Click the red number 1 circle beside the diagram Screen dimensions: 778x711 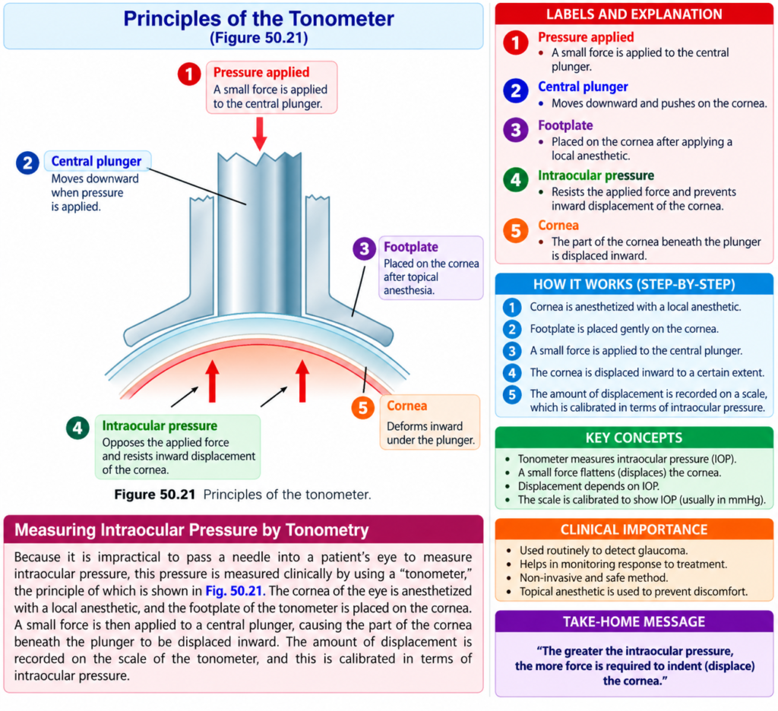189,74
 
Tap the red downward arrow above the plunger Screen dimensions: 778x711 260,134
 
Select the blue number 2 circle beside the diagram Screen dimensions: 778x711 27,163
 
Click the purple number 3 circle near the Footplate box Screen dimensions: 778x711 364,248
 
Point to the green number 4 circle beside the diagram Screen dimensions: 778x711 78,428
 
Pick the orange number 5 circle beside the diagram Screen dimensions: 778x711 363,408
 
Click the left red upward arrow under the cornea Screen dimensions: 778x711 213,381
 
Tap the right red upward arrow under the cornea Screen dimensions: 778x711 302,381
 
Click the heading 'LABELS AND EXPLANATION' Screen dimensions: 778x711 634,14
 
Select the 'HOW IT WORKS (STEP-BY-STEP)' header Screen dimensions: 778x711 634,284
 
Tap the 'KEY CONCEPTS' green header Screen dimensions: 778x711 634,438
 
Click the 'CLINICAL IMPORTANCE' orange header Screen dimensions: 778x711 634,529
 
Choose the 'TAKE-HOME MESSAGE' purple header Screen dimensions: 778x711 634,621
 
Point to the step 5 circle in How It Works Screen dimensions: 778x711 512,395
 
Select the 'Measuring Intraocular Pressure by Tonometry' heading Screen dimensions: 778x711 191,530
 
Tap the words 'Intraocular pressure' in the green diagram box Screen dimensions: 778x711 160,425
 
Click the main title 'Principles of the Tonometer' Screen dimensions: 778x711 258,18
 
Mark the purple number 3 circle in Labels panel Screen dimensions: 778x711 516,130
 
